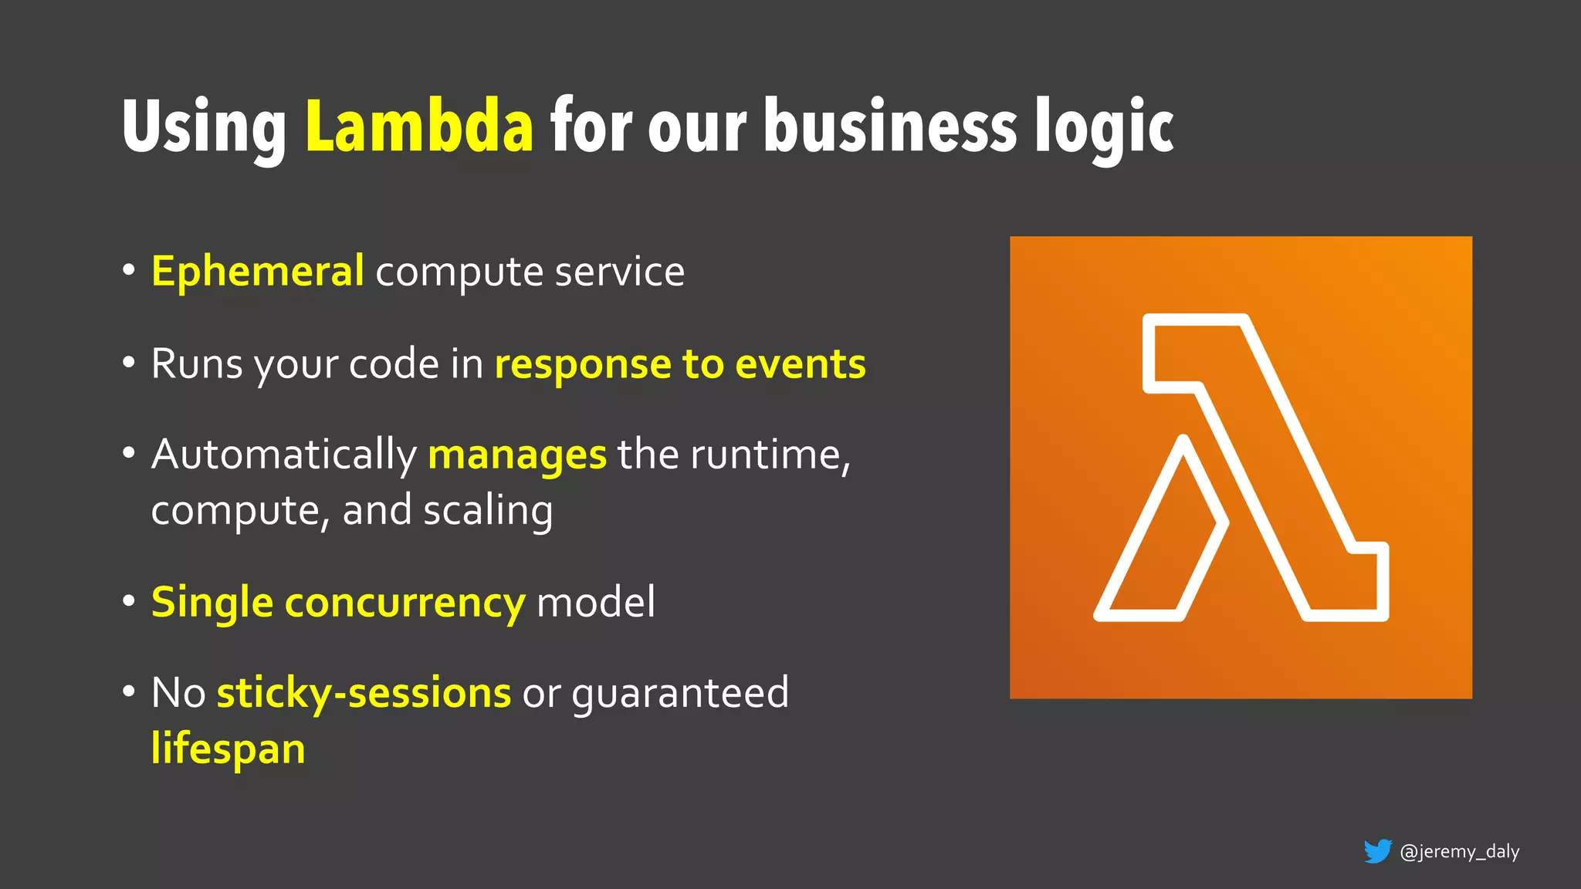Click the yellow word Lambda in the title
[419, 126]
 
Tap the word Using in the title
[204, 127]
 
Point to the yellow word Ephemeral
[257, 272]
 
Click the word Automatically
[283, 455]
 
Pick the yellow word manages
[516, 455]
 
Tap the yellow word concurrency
[405, 603]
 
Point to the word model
[595, 602]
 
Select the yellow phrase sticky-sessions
[364, 693]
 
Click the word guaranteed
[680, 693]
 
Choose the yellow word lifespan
[229, 749]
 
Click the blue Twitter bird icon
[1377, 851]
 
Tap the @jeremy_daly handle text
[1459, 852]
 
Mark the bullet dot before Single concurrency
[129, 601]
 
